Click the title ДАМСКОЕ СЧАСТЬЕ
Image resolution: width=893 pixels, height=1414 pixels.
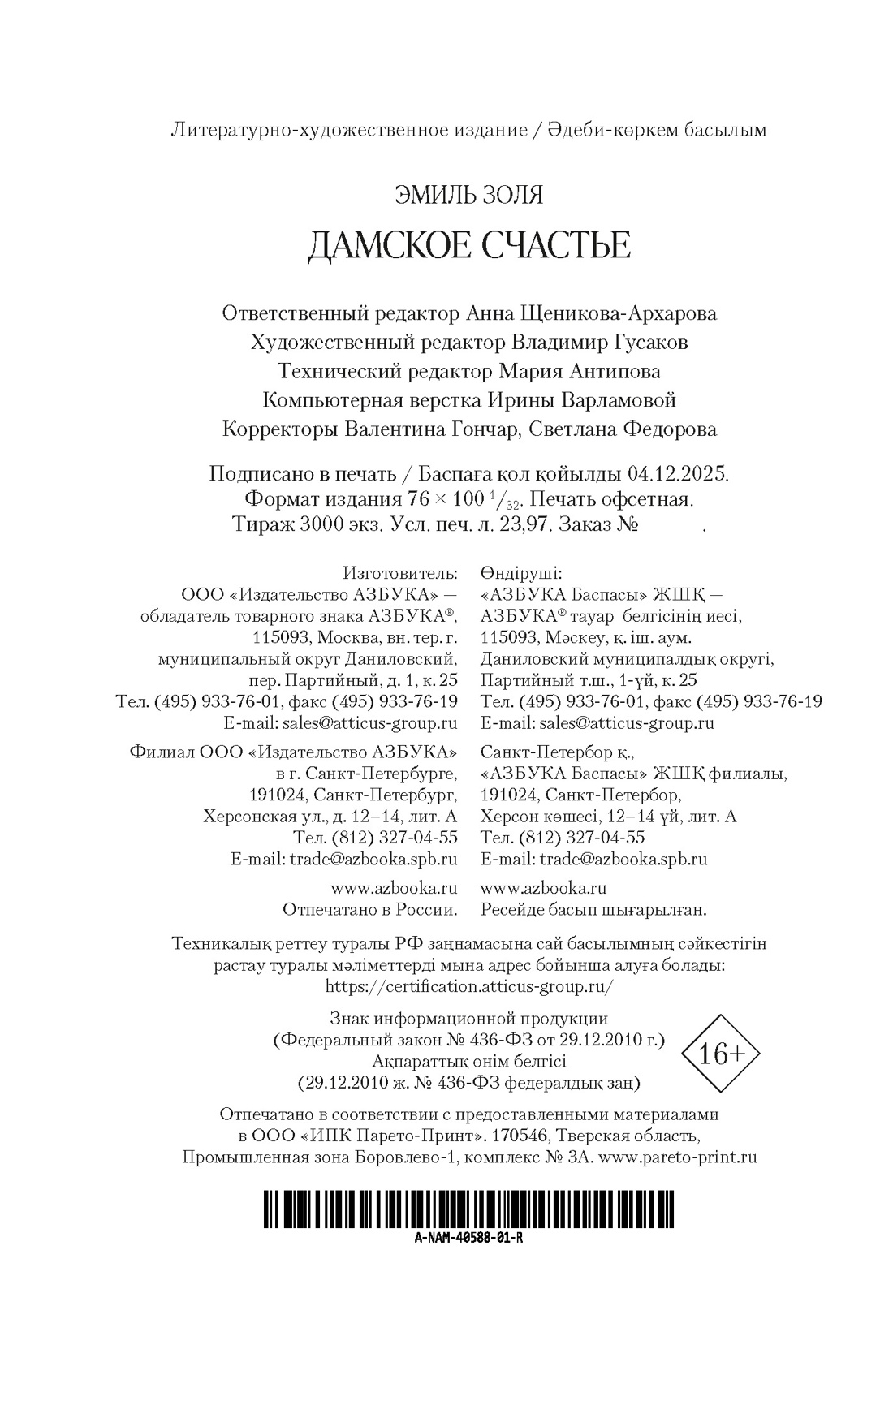[x=468, y=245]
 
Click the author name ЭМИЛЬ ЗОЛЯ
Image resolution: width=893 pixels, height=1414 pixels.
[x=468, y=195]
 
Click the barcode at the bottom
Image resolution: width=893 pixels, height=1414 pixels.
[x=468, y=1208]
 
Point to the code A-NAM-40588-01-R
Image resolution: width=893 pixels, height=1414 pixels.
[x=468, y=1238]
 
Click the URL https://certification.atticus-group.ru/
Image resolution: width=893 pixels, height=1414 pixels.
[x=468, y=986]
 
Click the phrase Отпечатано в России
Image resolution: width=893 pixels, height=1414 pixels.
[x=369, y=910]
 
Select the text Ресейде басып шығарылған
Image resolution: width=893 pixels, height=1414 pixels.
[x=593, y=910]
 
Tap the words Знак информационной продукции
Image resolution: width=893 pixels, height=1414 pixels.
[x=468, y=1018]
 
